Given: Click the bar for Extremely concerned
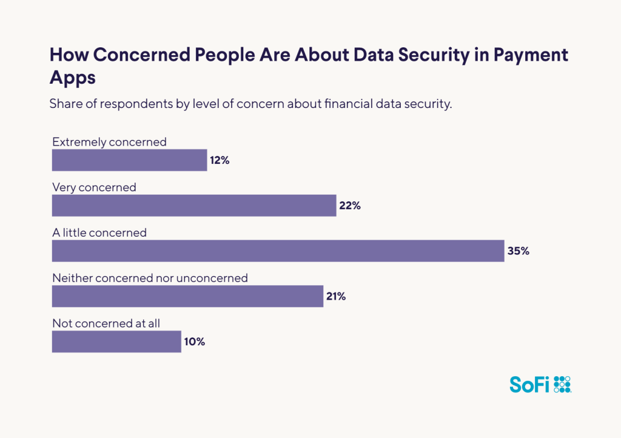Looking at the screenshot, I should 129,160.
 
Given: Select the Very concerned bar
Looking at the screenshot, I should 194,206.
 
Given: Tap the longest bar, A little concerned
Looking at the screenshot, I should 278,251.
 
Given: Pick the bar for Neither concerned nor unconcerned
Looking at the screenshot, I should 187,296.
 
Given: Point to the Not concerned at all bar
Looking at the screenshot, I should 116,342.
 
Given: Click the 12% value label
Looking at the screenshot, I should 220,161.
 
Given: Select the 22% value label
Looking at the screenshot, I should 350,206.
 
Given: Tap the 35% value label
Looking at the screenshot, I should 519,251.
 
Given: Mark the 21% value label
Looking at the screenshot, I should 336,296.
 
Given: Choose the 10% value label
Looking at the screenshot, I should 195,342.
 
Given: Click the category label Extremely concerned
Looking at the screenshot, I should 109,142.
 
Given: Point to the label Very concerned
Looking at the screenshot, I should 94,187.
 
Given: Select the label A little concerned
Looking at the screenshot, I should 99,232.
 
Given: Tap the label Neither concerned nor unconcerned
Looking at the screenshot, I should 150,278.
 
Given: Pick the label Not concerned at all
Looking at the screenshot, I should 106,323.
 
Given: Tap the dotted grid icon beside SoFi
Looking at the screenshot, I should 563,385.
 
